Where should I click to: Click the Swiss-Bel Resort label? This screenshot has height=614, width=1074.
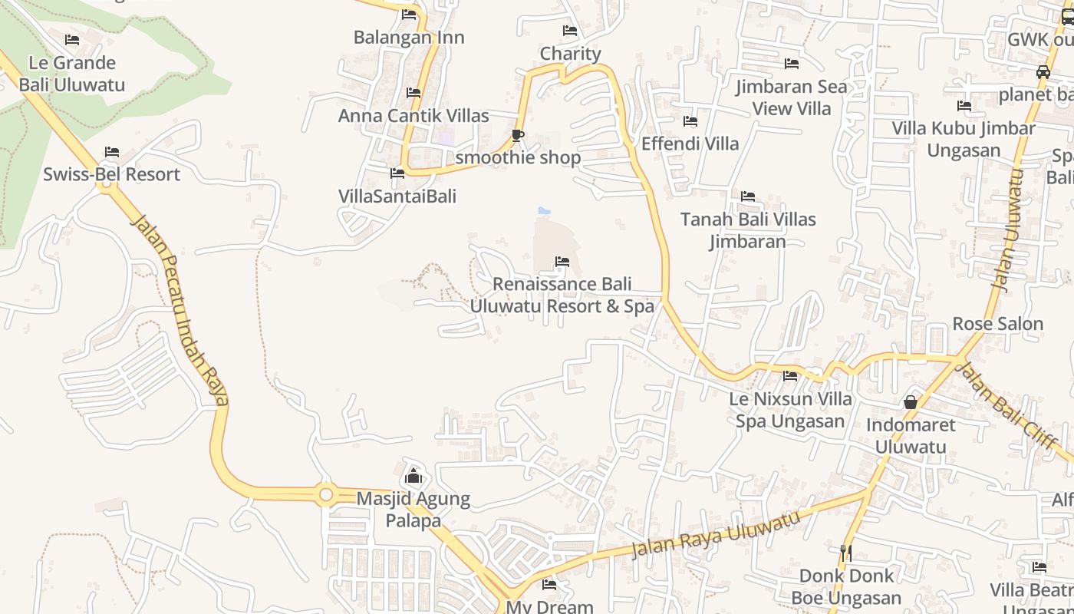coord(111,174)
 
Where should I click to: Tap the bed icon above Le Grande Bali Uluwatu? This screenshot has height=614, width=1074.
coord(72,40)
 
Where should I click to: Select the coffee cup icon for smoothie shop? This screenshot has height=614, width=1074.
coord(518,136)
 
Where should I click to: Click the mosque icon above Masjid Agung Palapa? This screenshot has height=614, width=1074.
coord(413,476)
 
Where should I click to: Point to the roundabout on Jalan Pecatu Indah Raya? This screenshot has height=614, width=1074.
coord(326,495)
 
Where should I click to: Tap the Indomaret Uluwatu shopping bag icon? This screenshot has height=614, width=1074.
coord(911,401)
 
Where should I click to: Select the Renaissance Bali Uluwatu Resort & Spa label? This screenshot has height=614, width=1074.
coord(562,295)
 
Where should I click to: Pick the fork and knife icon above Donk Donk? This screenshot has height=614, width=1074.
coord(845,553)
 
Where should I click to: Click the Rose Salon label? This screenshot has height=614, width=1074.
coord(997,324)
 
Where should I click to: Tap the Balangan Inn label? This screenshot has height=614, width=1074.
coord(409,37)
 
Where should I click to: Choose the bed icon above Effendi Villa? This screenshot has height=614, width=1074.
coord(690,121)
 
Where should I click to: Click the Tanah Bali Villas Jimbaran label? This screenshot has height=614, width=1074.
coord(748,230)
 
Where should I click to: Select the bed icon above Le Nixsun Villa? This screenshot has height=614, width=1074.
coord(790,376)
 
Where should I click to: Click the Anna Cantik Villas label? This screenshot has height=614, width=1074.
coord(413,116)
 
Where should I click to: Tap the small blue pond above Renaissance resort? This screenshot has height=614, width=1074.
coord(544,210)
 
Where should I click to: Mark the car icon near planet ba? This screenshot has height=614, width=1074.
coord(1043,72)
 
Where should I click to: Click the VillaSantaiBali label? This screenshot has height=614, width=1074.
coord(397,196)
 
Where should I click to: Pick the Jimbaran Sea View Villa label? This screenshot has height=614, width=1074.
coord(792,97)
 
